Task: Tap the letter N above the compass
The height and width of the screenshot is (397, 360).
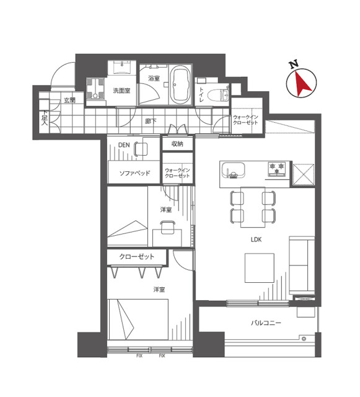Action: point(294,65)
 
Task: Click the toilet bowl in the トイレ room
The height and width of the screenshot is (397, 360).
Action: point(217,96)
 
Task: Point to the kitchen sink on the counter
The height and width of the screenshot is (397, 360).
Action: point(233,170)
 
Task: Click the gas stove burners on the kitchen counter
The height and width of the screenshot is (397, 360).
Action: point(277,169)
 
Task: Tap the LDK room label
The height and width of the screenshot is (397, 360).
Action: point(256,239)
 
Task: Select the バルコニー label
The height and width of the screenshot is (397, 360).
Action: point(266,323)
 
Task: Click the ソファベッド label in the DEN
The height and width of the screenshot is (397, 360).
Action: point(134,174)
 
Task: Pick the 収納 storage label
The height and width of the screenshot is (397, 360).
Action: point(177,144)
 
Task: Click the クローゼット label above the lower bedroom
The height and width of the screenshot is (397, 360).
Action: point(136,256)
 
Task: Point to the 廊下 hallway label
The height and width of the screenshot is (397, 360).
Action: point(151,121)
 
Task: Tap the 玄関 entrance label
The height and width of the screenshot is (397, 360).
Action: point(69,100)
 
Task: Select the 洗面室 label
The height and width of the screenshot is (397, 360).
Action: point(121,91)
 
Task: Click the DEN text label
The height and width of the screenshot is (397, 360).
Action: point(124,145)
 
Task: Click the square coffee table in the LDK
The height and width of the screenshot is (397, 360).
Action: point(259,268)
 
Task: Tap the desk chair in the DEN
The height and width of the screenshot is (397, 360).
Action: point(141,149)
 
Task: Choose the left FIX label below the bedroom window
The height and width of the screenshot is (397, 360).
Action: point(139,355)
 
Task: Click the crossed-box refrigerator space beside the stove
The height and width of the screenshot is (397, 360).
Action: point(304,175)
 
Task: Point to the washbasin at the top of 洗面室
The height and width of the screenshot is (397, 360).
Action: point(122,68)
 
